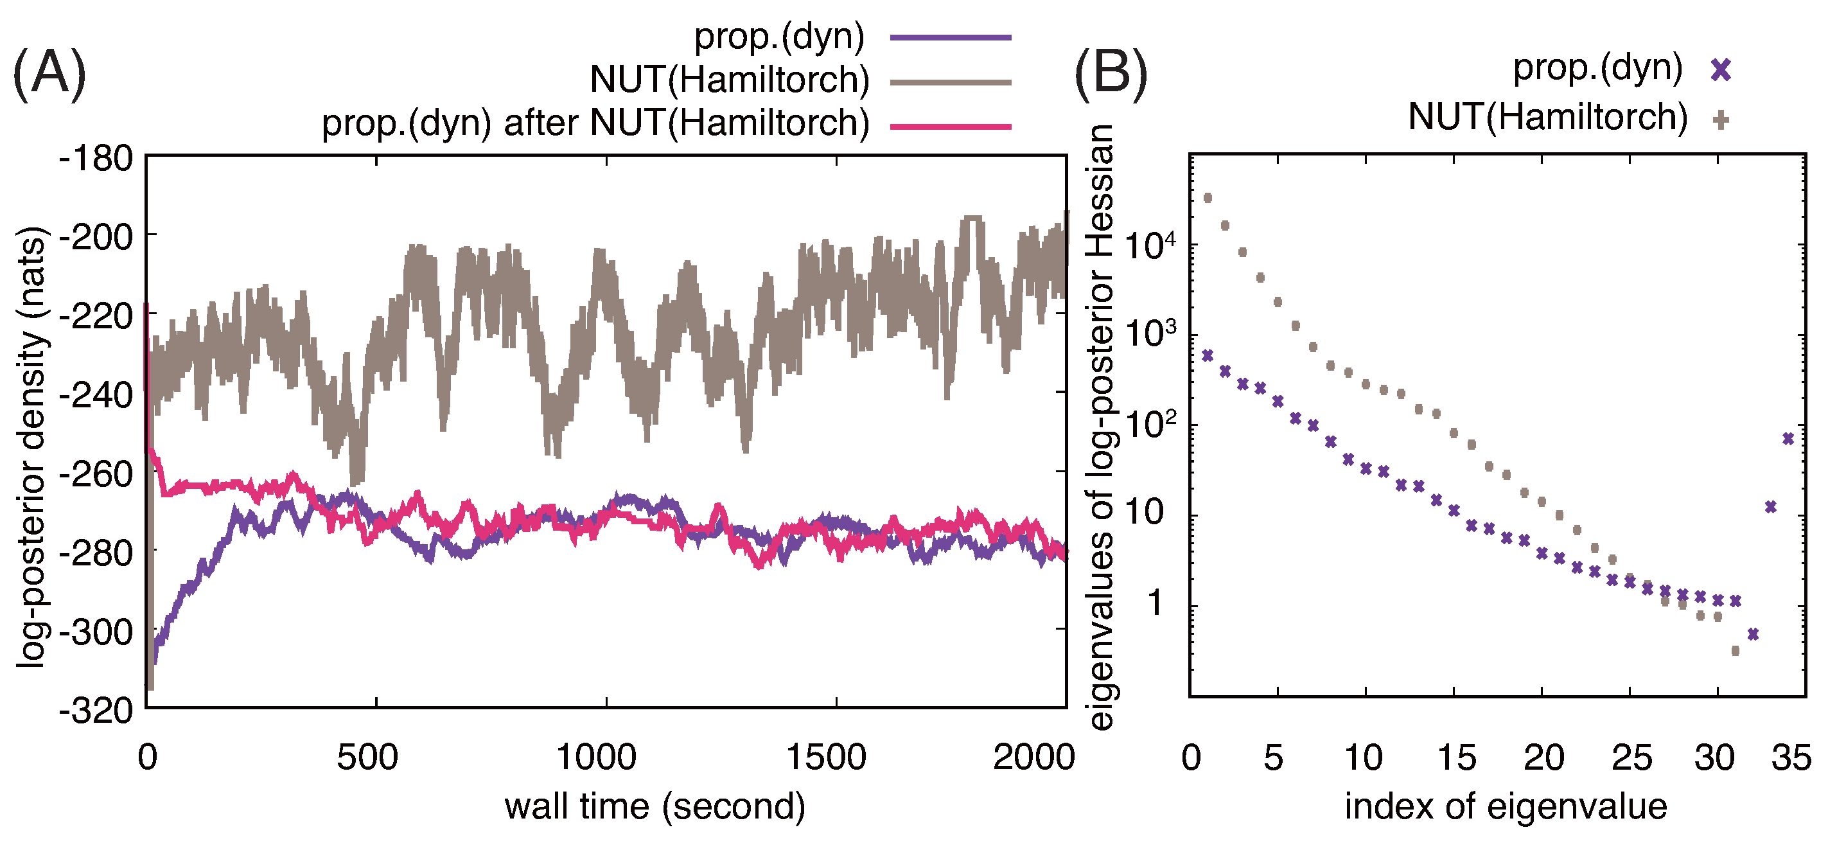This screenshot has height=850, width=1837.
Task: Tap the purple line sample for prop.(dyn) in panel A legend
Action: [x=951, y=37]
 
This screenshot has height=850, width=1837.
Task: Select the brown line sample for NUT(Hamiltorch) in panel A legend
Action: [x=951, y=82]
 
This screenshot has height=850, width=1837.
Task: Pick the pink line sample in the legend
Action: [x=951, y=126]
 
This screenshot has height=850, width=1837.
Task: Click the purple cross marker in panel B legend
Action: [x=1721, y=70]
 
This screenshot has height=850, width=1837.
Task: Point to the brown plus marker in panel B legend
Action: [x=1721, y=119]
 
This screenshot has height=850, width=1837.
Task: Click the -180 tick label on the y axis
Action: [x=96, y=157]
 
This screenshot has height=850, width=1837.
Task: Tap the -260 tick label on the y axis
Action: [x=96, y=473]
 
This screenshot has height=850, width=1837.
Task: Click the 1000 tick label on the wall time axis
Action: [x=597, y=757]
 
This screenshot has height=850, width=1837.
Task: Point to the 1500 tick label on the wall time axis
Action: [x=827, y=757]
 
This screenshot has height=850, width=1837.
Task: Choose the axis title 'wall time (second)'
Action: [x=655, y=807]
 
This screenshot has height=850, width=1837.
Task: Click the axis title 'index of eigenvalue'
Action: [x=1506, y=807]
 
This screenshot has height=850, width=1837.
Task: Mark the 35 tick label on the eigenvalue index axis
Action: [x=1791, y=757]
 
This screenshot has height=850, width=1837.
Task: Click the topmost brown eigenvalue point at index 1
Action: [x=1208, y=197]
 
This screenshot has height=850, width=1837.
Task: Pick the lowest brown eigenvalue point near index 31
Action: [x=1735, y=650]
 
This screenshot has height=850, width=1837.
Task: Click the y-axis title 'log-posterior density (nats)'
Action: [x=31, y=447]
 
